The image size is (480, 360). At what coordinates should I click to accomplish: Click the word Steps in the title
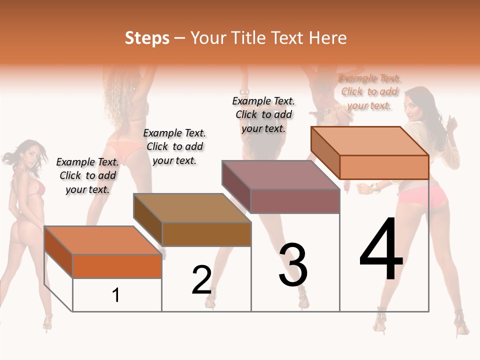coord(147,38)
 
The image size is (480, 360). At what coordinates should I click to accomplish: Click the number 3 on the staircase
coord(293,265)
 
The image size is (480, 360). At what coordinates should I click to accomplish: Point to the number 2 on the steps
coord(202,280)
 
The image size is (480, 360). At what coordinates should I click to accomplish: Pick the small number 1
coord(116,295)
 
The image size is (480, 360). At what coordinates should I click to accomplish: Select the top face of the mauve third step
coord(280,175)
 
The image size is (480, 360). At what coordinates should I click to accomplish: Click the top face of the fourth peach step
coord(369,141)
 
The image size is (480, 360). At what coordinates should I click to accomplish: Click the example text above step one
coord(87,175)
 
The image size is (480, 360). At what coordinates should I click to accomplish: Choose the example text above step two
coord(174,146)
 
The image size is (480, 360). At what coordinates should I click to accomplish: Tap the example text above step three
coord(263,114)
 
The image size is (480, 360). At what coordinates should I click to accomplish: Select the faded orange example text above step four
coord(369,91)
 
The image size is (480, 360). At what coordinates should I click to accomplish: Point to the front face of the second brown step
coord(206,234)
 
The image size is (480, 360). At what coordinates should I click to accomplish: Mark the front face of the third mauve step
coord(295,201)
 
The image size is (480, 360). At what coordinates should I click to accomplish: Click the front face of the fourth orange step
coord(384,167)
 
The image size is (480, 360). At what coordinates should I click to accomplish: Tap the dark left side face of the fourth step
coord(325,152)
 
